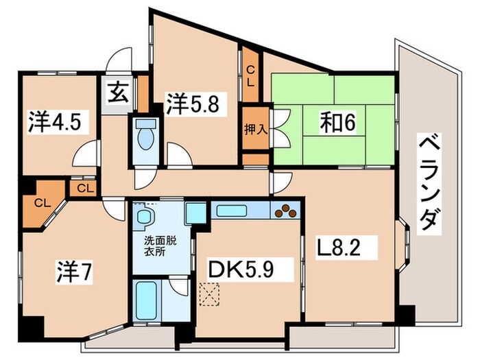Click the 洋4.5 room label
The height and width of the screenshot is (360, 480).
point(55,122)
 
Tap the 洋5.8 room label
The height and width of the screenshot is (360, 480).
point(193,104)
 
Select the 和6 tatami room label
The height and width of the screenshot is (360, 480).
point(338,123)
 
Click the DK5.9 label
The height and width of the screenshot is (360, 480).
point(240,269)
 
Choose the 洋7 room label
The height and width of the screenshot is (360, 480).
point(74,272)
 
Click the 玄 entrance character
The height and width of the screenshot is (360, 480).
point(118,93)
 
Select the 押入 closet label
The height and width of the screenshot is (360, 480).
point(256,130)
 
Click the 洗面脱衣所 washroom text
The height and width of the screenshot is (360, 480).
point(160,246)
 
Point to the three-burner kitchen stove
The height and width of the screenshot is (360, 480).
point(286,211)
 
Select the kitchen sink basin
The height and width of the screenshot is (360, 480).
point(232,211)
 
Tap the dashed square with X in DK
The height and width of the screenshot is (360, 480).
point(210,294)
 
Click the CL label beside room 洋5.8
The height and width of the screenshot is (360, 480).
point(250,77)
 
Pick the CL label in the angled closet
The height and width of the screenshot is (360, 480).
point(43,203)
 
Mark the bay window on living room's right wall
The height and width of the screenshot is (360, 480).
point(405,244)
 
